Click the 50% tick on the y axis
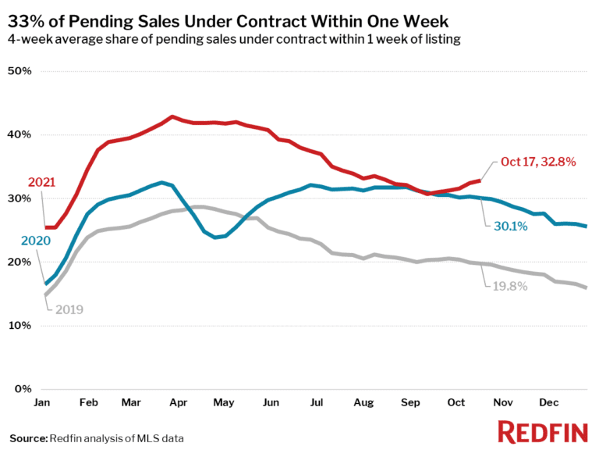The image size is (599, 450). [19, 71]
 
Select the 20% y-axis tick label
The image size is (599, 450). [19, 262]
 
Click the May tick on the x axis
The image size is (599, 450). [225, 402]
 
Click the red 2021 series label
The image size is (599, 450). [41, 182]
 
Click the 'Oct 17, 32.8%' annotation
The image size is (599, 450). [538, 162]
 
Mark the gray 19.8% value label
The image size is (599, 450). [509, 287]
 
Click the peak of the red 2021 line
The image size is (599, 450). [172, 117]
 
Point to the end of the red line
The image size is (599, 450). [479, 180]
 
